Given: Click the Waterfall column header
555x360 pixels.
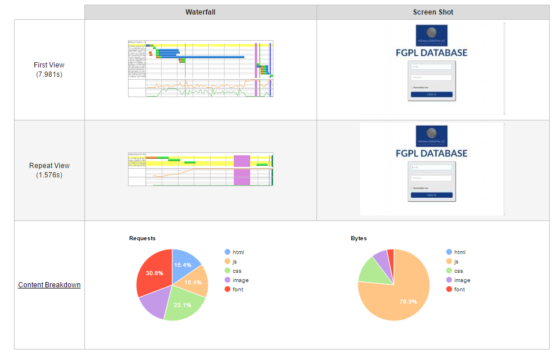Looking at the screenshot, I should pos(200,12).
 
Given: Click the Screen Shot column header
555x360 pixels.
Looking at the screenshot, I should pos(433,12).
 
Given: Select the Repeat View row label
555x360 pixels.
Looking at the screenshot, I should pos(49,170).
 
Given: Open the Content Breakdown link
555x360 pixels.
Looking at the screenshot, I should pos(49,285).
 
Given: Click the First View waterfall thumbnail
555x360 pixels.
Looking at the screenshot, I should pos(201,69).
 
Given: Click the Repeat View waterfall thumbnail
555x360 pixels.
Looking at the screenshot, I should pos(201,169).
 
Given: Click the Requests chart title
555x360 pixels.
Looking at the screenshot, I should pos(142,238).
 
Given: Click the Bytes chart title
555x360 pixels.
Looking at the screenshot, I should pos(360,238).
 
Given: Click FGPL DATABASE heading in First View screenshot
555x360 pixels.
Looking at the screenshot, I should pos(432,53).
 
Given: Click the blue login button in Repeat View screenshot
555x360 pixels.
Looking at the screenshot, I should pos(432,195).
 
